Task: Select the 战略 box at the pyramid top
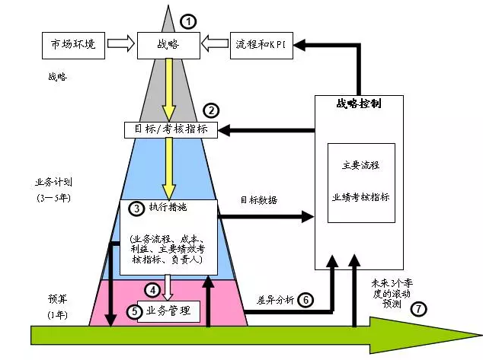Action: (168, 46)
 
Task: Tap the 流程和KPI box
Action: (261, 46)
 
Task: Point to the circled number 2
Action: (213, 110)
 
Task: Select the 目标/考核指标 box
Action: (171, 129)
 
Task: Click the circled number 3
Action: (136, 208)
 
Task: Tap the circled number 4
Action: (154, 290)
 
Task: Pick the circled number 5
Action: (133, 311)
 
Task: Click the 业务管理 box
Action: (169, 311)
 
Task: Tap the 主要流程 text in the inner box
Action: (361, 165)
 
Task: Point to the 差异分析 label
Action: (272, 299)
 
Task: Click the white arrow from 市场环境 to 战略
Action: (120, 46)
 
